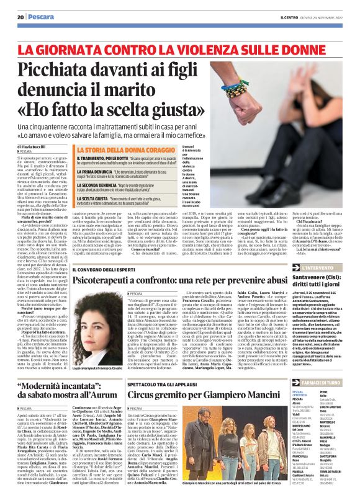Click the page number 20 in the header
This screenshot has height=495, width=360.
click(20, 17)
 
